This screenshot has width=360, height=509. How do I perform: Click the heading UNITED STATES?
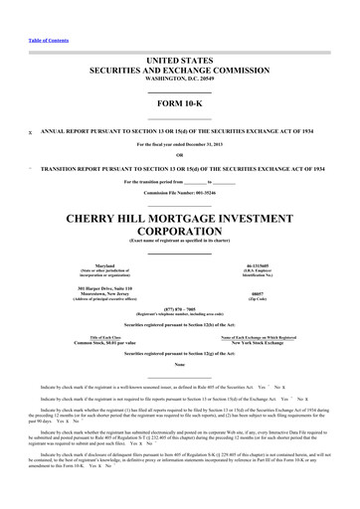click(x=179, y=60)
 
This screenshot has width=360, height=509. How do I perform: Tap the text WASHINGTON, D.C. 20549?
click(x=179, y=81)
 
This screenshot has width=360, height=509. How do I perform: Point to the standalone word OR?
click(x=179, y=154)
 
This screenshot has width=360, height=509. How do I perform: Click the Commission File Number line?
click(x=179, y=192)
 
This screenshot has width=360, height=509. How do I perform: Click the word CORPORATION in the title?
click(x=179, y=239)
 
